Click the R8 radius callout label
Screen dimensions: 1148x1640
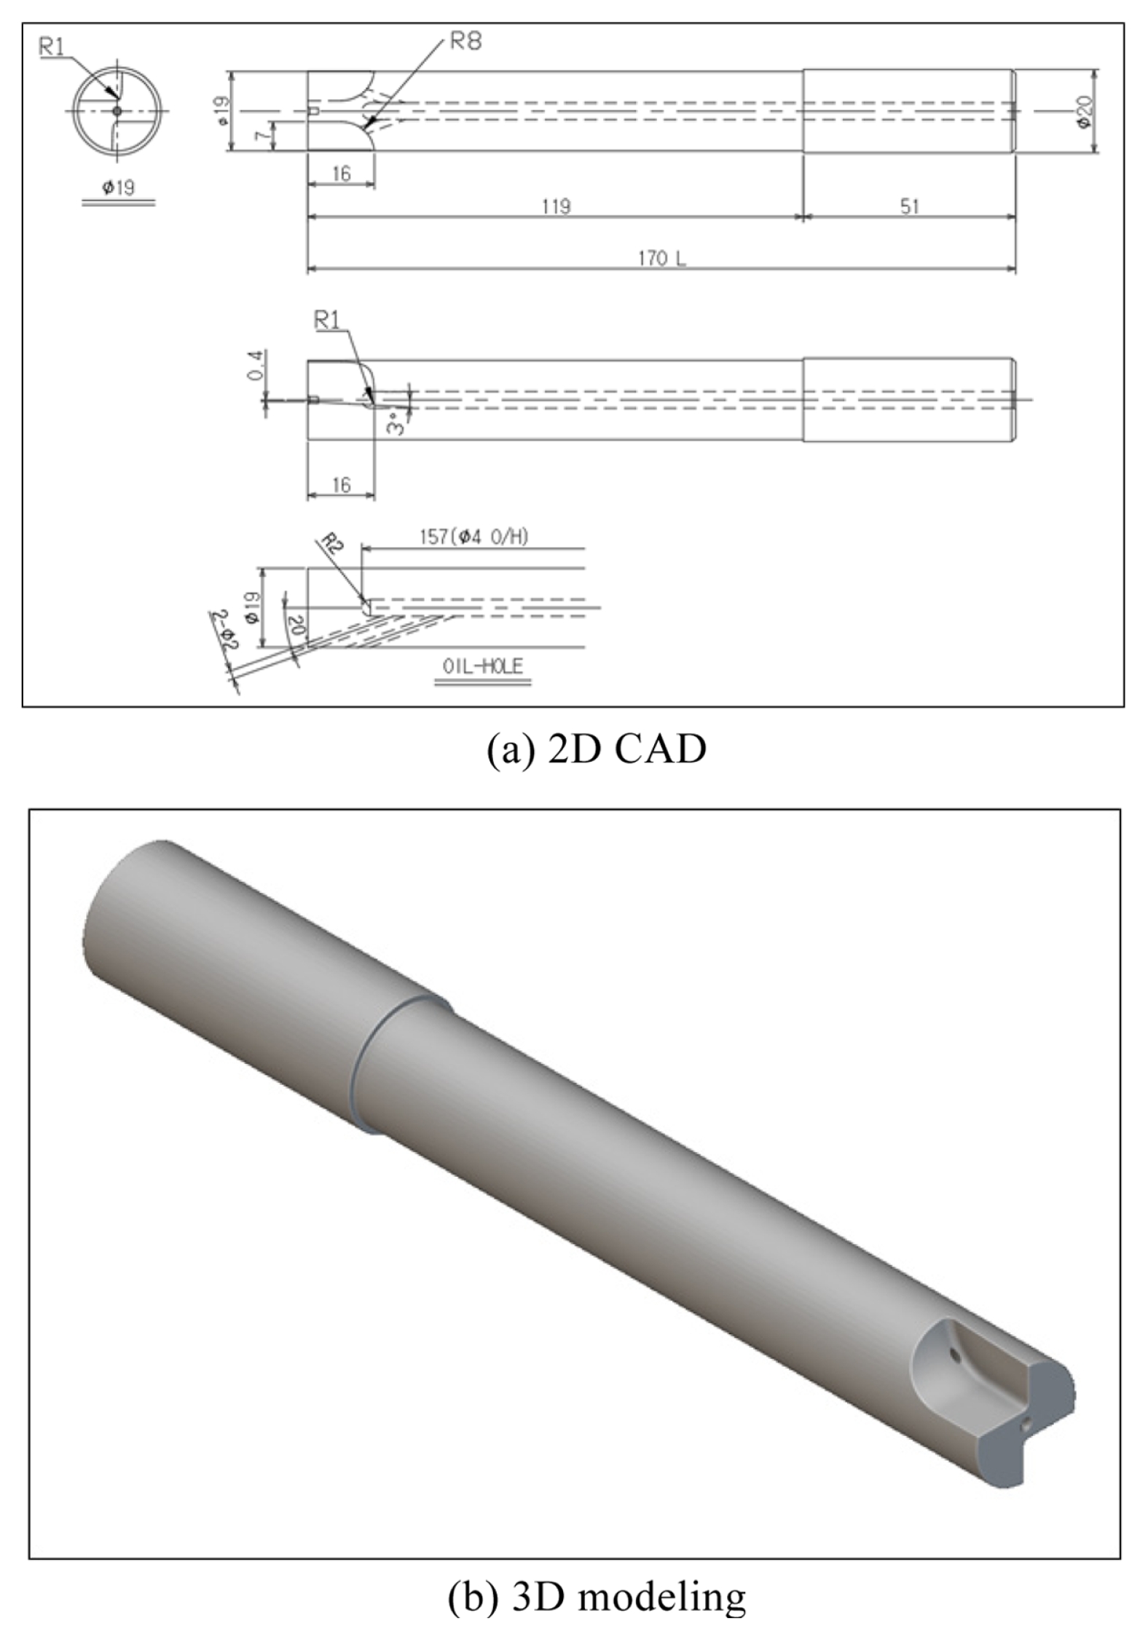[465, 42]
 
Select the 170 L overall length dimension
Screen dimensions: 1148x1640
[662, 259]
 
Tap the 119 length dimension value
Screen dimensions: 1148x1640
[556, 206]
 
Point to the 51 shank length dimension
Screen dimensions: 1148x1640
[910, 206]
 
